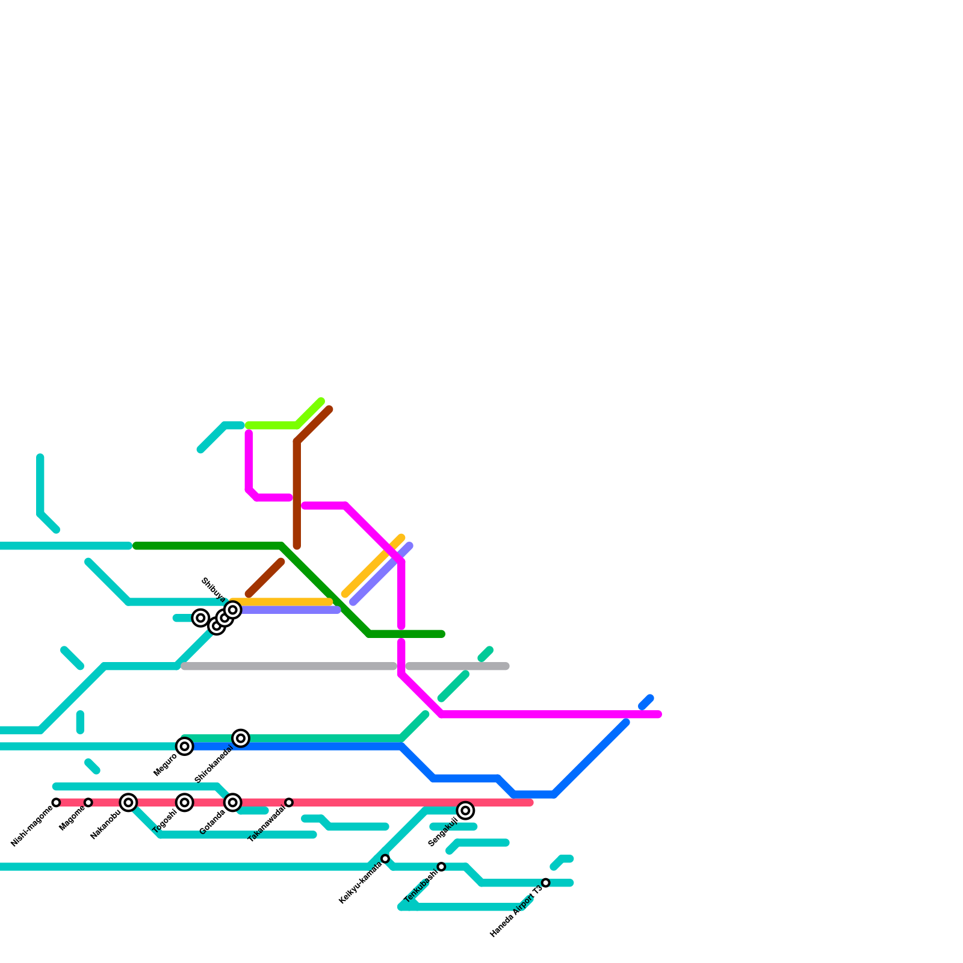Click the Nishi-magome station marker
point(56,802)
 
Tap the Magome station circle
point(88,802)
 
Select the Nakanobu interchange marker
point(128,802)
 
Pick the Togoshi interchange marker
point(185,802)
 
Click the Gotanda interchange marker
point(233,802)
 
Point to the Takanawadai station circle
point(289,802)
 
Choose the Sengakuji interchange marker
point(465,811)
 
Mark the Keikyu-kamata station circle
point(385,858)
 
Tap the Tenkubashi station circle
point(441,867)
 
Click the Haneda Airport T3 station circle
point(546,882)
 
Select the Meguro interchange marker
point(185,746)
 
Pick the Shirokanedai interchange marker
point(241,738)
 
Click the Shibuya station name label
point(213,590)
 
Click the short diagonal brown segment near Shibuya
point(265,578)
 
